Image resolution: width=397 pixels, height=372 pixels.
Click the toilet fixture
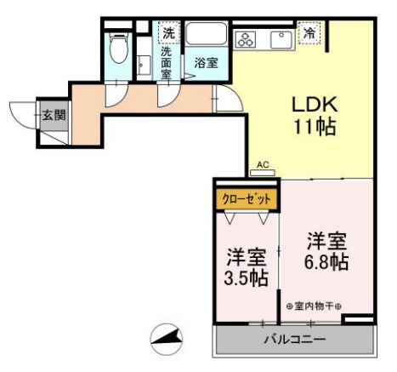(x=118, y=43)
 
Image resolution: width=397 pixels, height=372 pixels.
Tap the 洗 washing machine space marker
(x=168, y=33)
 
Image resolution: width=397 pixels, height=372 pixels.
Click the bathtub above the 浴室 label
(x=207, y=37)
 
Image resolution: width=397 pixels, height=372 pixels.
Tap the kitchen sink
(x=280, y=38)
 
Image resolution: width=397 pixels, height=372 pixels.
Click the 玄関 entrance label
(x=54, y=115)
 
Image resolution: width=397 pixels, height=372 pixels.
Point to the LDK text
(x=315, y=106)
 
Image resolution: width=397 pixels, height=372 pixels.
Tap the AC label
(x=263, y=164)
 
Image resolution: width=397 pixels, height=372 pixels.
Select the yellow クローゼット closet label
(x=247, y=199)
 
